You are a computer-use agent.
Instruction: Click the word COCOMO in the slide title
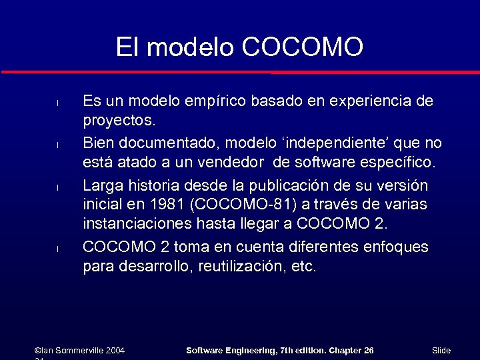pos(303,47)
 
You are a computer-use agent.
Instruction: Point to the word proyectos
pos(119,122)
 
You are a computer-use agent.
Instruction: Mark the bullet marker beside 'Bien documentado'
pos(58,145)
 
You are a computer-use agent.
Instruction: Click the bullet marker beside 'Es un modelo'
pos(58,103)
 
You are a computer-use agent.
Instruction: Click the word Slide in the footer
pos(441,350)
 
